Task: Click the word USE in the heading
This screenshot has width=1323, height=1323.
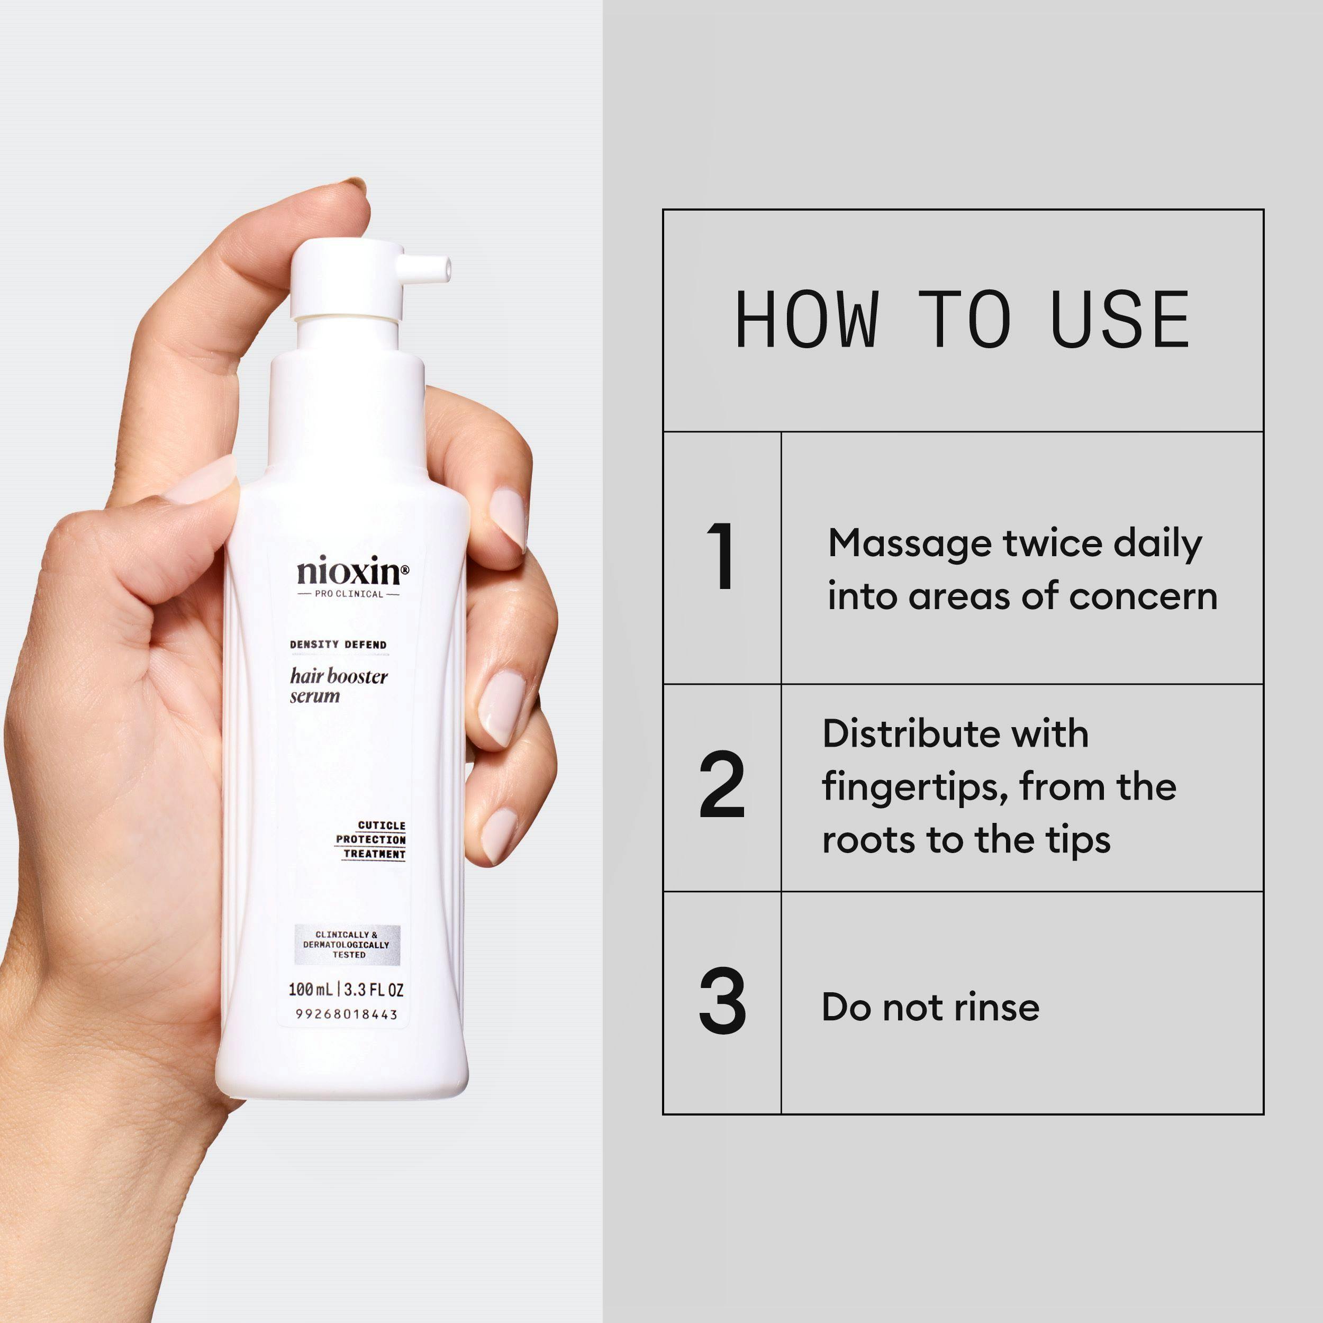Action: tap(1120, 319)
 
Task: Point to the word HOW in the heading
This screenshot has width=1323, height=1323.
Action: tap(806, 319)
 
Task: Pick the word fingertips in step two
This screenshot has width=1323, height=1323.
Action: tap(915, 788)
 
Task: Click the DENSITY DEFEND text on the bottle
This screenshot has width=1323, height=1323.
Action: tap(338, 645)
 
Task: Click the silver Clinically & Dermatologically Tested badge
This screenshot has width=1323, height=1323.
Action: tap(347, 944)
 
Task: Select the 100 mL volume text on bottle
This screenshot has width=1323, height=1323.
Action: tap(311, 990)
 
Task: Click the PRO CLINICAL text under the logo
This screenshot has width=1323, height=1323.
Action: tap(349, 594)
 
